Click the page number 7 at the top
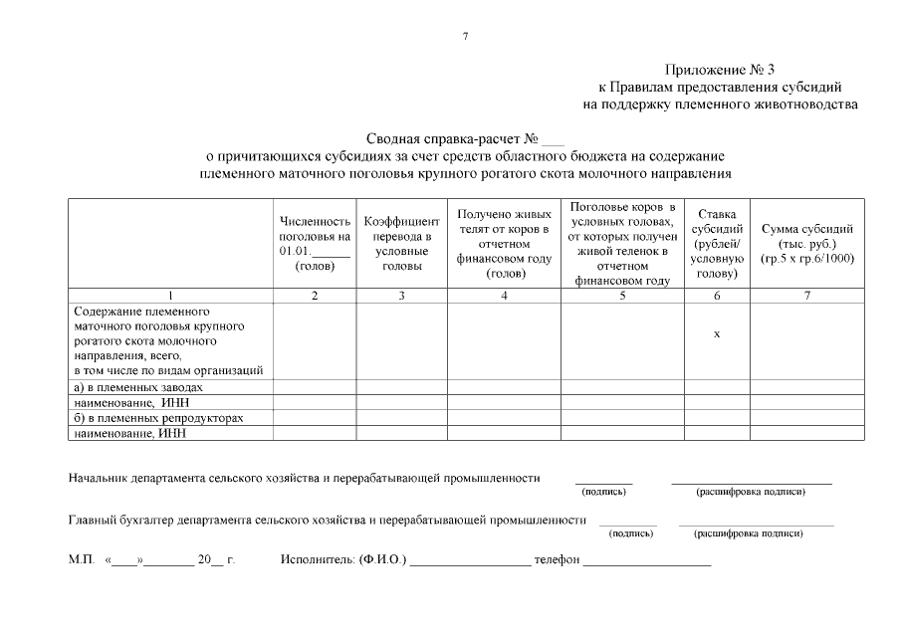[x=465, y=37]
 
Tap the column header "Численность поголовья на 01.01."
[x=316, y=244]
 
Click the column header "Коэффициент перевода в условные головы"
[x=401, y=244]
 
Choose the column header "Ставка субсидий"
[x=717, y=244]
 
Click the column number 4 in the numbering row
[x=504, y=296]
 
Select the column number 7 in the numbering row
[x=806, y=296]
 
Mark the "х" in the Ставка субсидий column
[x=717, y=334]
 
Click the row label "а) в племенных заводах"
[x=138, y=387]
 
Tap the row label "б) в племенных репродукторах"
[x=158, y=418]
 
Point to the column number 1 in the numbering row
[x=170, y=296]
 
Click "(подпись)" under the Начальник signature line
[x=603, y=492]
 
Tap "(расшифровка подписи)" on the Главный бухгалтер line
[x=748, y=533]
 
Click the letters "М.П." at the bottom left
[x=81, y=561]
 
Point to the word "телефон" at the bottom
[x=557, y=561]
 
